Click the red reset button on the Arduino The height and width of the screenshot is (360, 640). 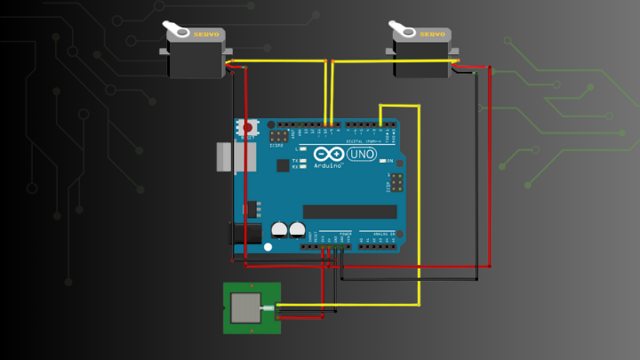(247, 128)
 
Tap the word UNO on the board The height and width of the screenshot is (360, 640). (360, 155)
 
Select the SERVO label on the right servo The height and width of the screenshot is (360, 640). (432, 34)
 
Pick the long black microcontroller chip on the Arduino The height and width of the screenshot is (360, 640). (349, 212)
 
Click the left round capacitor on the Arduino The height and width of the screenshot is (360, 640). (279, 229)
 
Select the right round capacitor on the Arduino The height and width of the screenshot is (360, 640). (297, 229)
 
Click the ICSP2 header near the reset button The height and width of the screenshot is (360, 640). (279, 137)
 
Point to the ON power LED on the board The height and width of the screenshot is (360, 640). (380, 161)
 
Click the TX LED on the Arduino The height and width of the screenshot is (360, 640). (302, 160)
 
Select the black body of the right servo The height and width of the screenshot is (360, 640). (423, 59)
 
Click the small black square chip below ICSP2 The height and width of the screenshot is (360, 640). (283, 164)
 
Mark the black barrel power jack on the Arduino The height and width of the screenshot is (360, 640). (245, 234)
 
